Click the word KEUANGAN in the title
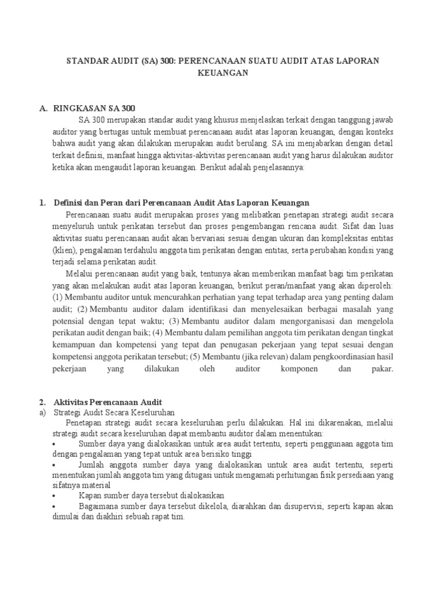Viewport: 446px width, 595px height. [x=223, y=73]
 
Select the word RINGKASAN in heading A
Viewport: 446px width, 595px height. [x=77, y=109]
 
